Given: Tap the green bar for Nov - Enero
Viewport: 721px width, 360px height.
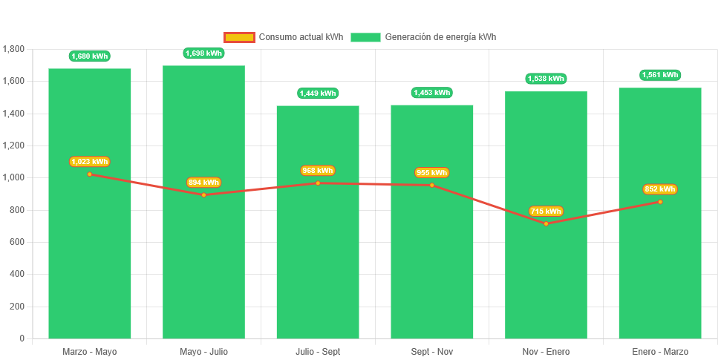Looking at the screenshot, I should [546, 282].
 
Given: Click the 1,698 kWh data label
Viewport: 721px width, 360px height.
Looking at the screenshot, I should [203, 53].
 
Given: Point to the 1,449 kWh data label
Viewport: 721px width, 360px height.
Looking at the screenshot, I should [318, 94].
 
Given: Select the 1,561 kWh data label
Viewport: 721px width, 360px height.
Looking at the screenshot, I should [660, 75].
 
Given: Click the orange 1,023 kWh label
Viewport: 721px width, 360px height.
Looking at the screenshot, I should [90, 162].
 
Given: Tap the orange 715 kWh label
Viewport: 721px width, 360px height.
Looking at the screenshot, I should [546, 212].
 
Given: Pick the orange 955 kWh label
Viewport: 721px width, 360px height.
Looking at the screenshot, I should [431, 173].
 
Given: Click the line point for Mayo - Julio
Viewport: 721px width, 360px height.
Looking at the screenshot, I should [203, 194].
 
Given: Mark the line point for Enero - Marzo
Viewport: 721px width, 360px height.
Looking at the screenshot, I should [660, 202].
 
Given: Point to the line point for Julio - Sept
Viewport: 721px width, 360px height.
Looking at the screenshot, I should [318, 183].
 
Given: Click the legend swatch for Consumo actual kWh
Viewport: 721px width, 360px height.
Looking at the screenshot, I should [239, 37].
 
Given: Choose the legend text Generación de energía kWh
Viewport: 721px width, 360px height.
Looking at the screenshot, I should [440, 37].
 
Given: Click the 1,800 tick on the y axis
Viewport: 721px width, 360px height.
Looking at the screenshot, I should [14, 49].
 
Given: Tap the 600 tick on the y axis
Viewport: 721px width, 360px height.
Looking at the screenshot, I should [17, 242].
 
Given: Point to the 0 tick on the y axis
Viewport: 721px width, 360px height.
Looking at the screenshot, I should [22, 338].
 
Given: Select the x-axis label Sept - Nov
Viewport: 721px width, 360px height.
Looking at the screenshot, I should [431, 351].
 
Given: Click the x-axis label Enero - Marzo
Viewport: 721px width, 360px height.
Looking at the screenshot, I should [660, 351].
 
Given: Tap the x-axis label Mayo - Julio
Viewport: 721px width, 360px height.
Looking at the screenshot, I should [203, 351].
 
